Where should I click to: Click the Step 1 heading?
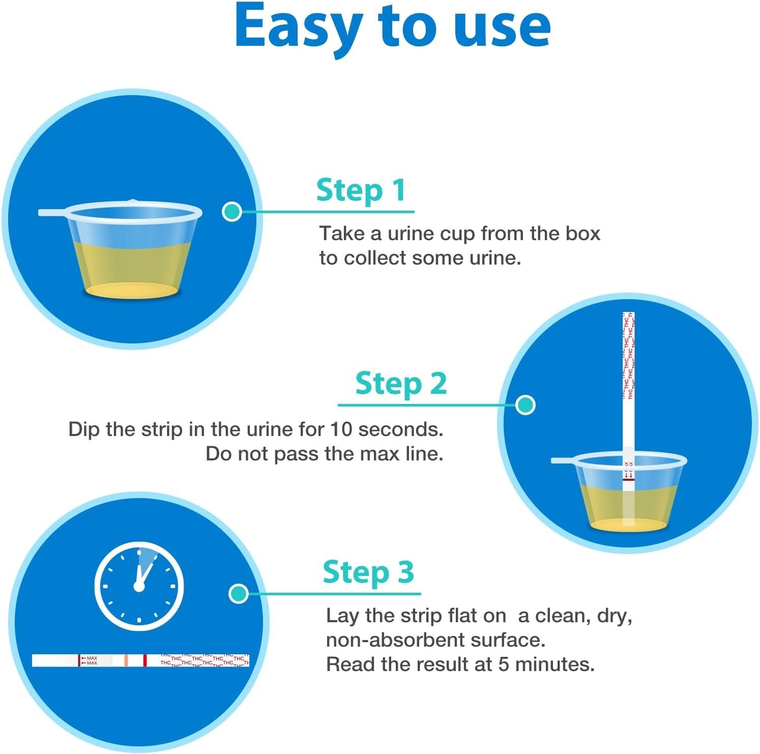pos(361,191)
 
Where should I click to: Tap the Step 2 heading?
pos(401,384)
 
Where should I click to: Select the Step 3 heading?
pos(368,572)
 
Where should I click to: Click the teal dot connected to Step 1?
pos(232,211)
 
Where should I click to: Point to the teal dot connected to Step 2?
pos(525,405)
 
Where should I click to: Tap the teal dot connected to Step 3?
pos(238,593)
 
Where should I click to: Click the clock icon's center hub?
pos(139,587)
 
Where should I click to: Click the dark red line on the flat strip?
pos(145,660)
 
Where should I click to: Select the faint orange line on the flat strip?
pos(126,660)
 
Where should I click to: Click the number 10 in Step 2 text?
pos(341,429)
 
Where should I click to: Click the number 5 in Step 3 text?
pos(504,664)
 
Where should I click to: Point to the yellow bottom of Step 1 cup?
pos(131,291)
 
